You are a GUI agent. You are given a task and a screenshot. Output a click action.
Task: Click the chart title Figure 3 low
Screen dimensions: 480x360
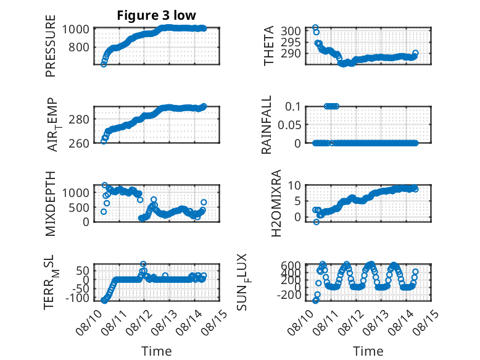click(156, 15)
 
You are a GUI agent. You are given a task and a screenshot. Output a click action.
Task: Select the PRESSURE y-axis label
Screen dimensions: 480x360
click(51, 46)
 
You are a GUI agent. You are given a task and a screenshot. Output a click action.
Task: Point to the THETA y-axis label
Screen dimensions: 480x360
click(269, 46)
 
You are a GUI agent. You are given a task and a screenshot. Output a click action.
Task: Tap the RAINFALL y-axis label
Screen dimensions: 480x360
click(267, 124)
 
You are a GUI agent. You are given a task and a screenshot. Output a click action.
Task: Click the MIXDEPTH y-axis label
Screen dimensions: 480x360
click(51, 203)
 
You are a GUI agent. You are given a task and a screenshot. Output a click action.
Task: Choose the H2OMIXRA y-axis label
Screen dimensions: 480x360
click(276, 203)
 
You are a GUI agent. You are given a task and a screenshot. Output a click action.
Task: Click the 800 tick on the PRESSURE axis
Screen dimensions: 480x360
click(79, 48)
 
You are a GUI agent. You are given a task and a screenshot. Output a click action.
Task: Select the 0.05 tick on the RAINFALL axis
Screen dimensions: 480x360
click(289, 125)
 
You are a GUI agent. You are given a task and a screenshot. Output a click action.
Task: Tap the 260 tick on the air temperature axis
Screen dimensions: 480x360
click(79, 143)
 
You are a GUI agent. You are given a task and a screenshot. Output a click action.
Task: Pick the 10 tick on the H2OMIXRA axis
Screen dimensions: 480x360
click(294, 185)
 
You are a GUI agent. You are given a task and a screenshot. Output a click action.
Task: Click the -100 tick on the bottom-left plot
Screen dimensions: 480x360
click(77, 298)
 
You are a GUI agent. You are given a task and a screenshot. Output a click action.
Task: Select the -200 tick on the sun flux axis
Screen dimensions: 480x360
click(289, 295)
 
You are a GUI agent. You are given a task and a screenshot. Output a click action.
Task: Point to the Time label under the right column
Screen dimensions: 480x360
click(368, 351)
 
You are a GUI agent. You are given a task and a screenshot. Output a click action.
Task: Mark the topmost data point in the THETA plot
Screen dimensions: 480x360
click(315, 28)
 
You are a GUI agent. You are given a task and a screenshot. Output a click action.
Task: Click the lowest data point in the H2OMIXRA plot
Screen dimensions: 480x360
click(317, 222)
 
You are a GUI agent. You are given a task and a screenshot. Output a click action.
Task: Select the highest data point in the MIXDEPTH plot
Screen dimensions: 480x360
click(105, 185)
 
